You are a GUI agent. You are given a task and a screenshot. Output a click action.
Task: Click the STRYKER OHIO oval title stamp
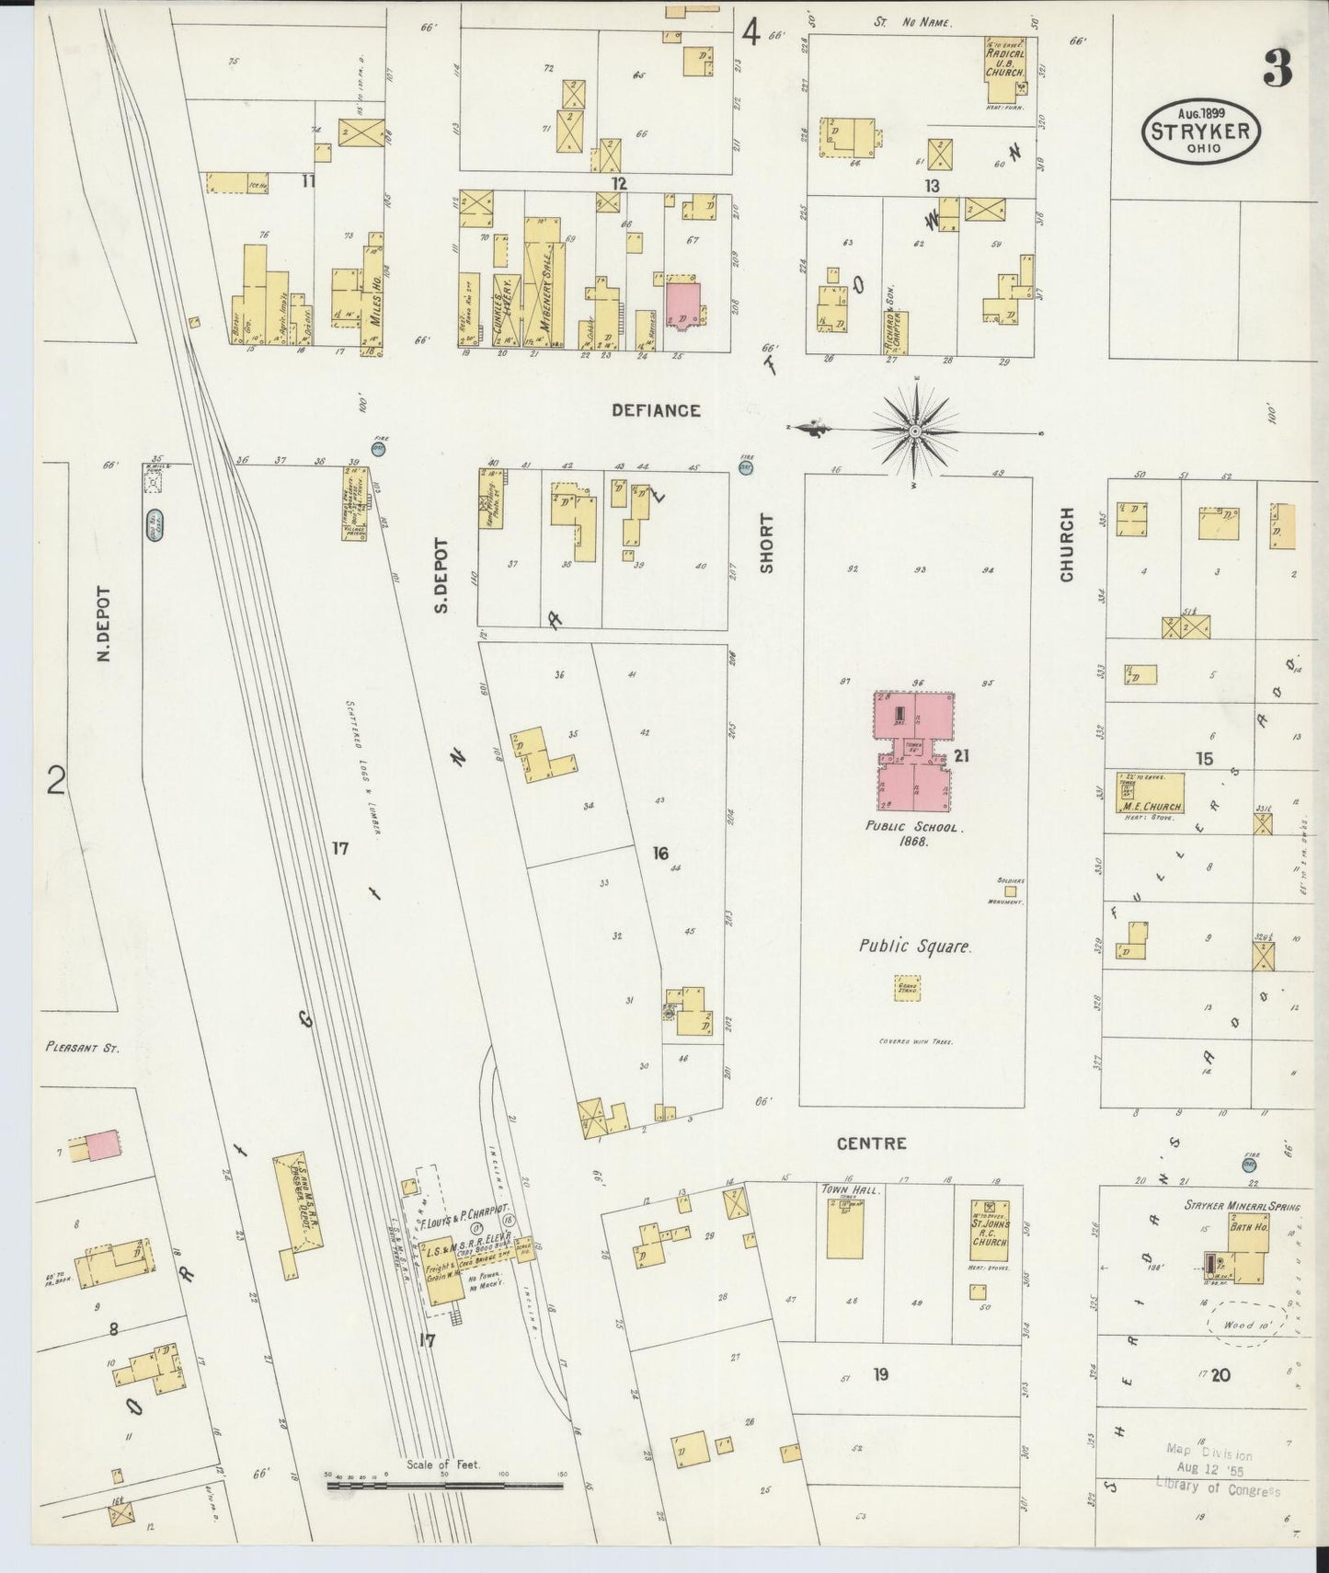point(1201,132)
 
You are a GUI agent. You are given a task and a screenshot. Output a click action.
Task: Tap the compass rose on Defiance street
point(915,431)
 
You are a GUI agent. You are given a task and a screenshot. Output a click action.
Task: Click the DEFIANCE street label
point(657,411)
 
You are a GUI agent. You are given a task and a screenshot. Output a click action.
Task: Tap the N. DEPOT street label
point(103,626)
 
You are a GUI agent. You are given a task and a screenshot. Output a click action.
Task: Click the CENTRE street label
point(871,1144)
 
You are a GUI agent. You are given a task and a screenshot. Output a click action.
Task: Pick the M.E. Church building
point(1150,793)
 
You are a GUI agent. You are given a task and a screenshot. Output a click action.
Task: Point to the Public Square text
point(914,946)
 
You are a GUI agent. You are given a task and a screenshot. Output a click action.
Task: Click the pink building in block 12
point(682,301)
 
